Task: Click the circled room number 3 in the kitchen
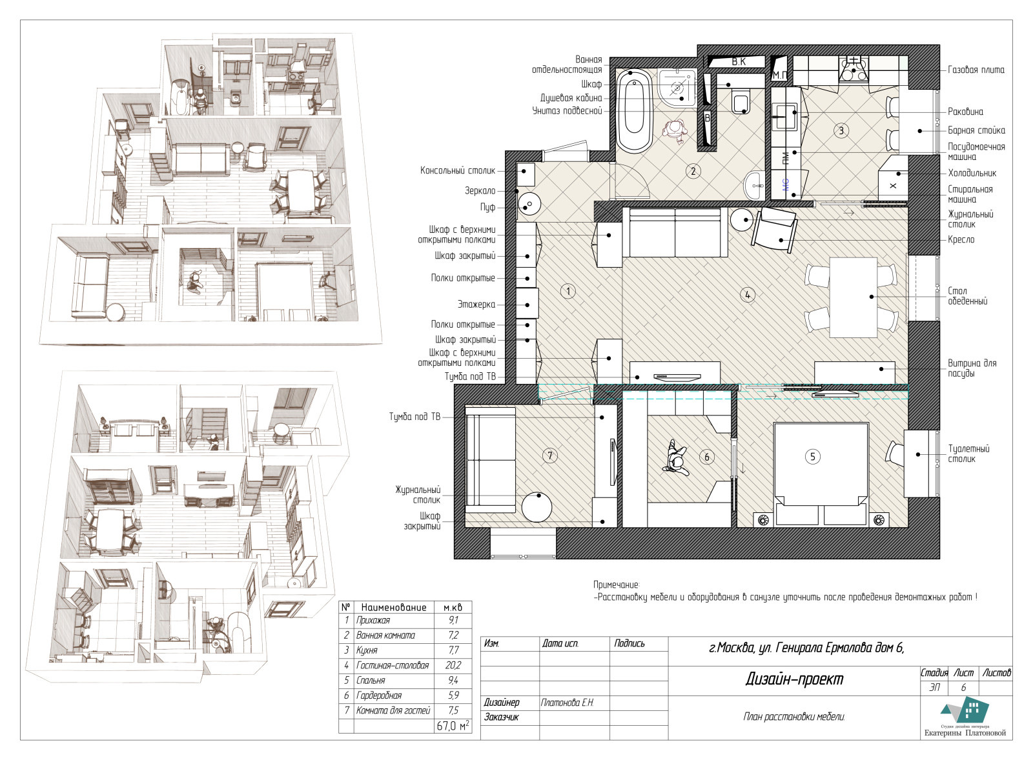click(841, 131)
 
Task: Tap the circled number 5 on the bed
click(813, 457)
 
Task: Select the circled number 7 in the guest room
click(549, 456)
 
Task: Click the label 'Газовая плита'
click(976, 70)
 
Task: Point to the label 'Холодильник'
click(972, 174)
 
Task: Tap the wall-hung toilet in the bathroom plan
click(741, 101)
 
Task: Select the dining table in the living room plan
click(853, 297)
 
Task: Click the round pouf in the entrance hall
click(529, 204)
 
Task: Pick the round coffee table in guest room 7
click(537, 507)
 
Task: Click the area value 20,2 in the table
click(453, 665)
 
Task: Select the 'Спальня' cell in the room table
click(371, 680)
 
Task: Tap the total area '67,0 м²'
click(453, 726)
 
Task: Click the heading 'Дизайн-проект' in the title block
click(794, 679)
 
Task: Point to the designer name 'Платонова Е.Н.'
click(568, 703)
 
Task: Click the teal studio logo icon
click(966, 710)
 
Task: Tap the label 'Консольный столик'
click(458, 170)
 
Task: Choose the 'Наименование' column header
click(393, 608)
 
